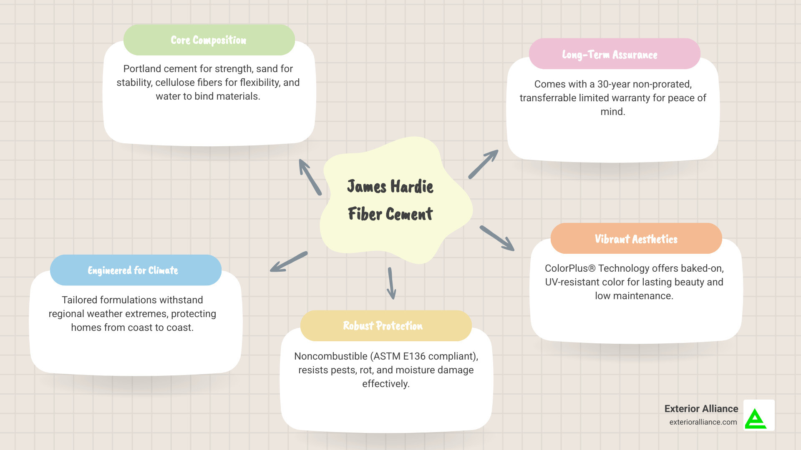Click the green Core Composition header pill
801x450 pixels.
[x=209, y=40]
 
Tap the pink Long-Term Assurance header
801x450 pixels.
[x=614, y=54]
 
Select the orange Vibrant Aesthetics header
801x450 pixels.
[x=636, y=239]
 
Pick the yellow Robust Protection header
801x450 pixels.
[x=385, y=326]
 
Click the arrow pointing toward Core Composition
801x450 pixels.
[x=310, y=177]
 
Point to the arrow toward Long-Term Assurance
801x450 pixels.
[x=483, y=164]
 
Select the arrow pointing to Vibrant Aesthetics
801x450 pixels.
[x=497, y=238]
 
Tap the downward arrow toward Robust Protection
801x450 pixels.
[x=391, y=283]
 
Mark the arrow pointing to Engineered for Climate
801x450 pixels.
[x=289, y=262]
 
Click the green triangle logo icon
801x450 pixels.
[x=756, y=418]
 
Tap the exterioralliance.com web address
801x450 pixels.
[x=703, y=422]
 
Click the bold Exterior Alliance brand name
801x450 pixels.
[x=701, y=409]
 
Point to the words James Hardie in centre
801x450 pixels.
[x=390, y=186]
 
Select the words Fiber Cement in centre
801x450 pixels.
[x=390, y=214]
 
